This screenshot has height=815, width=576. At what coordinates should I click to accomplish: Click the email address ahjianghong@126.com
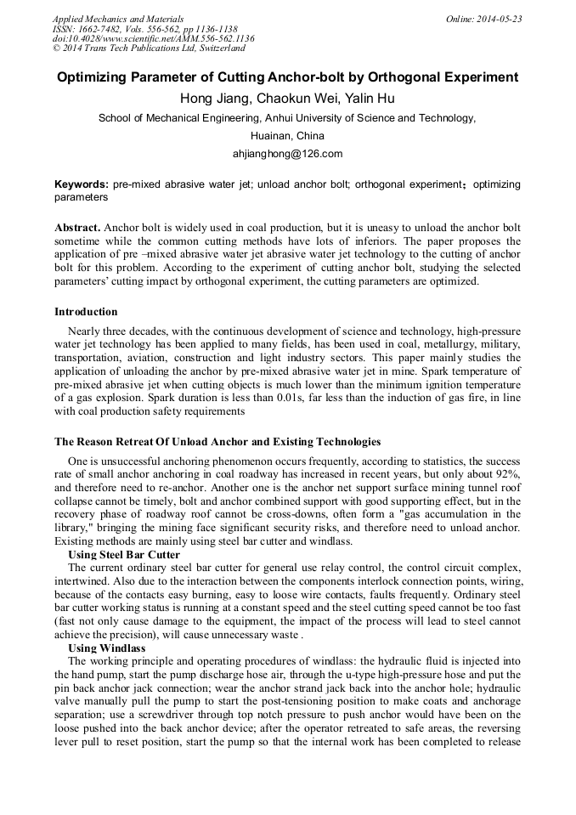click(287, 154)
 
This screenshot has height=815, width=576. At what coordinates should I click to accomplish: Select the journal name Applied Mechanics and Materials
click(117, 19)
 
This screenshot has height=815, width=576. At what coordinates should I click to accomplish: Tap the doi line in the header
click(153, 38)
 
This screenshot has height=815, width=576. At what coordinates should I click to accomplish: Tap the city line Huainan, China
click(287, 136)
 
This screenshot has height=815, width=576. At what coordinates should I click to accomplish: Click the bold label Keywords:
click(81, 184)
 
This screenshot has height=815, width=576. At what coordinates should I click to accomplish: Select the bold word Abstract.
click(77, 228)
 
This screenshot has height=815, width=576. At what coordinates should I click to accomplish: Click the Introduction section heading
click(86, 311)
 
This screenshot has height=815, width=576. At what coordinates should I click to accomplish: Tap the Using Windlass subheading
click(107, 648)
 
